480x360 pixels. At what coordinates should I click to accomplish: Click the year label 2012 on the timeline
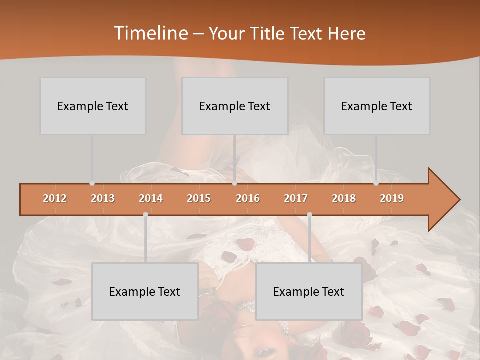(55, 198)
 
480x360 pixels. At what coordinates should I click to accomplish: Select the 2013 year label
(103, 198)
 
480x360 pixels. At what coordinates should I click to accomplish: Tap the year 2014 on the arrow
(151, 198)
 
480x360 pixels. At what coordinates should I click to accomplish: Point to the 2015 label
(199, 198)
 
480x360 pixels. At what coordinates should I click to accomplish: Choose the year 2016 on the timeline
(248, 198)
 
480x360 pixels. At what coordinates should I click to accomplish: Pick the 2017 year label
(296, 198)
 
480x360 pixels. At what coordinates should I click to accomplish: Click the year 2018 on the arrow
(344, 198)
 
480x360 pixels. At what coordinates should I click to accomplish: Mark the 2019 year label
(392, 198)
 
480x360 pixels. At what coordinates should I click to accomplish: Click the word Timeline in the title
(150, 33)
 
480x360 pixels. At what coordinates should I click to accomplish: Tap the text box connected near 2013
(93, 106)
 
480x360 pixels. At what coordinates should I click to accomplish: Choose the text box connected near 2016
(235, 106)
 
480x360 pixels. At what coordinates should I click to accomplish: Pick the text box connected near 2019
(377, 106)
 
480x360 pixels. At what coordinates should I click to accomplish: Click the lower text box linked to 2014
(145, 291)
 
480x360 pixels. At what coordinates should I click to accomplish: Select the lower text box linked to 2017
(309, 291)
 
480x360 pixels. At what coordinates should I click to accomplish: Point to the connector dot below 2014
(145, 214)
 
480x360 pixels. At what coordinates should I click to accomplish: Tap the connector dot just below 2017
(309, 214)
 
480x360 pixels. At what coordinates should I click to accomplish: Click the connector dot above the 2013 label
(92, 183)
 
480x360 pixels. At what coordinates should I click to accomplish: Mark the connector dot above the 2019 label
(376, 183)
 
